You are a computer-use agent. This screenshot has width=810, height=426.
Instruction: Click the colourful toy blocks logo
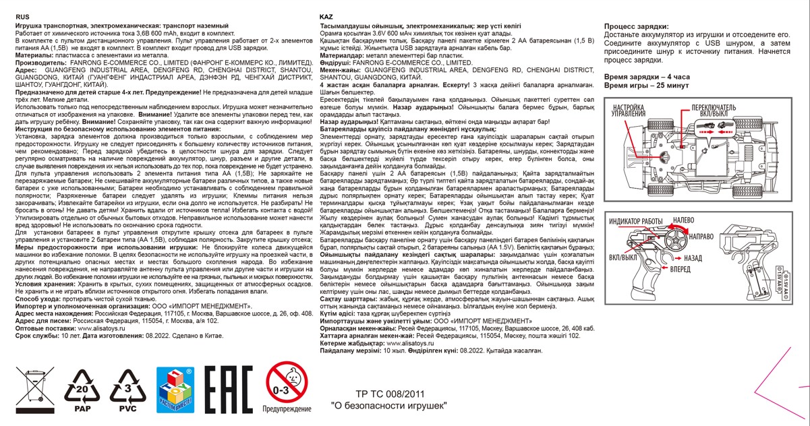click(175, 390)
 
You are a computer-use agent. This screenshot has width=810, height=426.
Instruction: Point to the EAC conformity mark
click(229, 389)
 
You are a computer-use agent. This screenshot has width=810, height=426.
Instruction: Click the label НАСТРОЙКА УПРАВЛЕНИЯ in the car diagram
click(629, 111)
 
